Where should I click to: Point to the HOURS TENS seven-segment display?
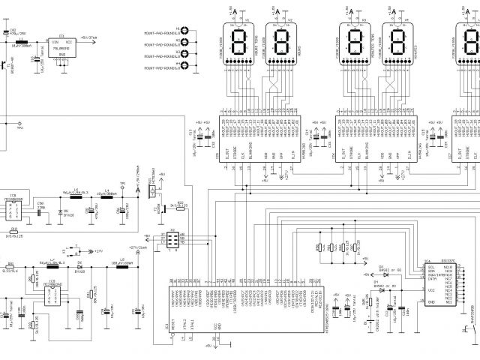pyautogui.click(x=241, y=40)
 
